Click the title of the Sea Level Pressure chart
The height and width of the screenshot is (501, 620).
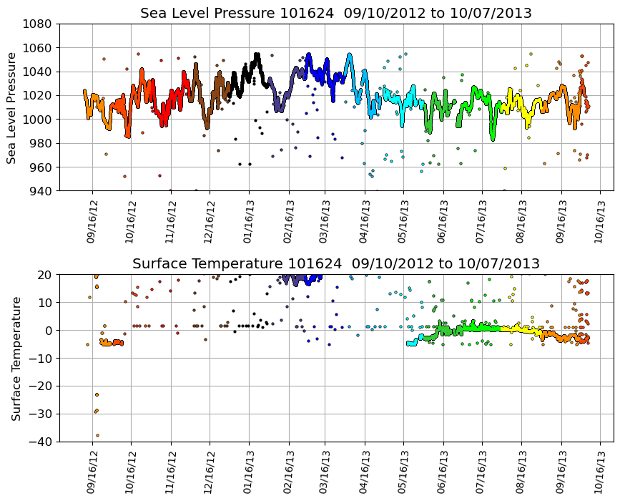click(336, 14)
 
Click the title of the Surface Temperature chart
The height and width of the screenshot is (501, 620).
click(336, 264)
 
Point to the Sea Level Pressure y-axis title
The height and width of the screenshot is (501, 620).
click(12, 107)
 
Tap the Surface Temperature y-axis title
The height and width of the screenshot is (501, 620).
click(15, 358)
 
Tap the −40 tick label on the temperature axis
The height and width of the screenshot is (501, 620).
click(39, 442)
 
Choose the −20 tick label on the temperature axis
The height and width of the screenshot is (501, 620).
click(39, 386)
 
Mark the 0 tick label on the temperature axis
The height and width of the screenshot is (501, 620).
click(49, 331)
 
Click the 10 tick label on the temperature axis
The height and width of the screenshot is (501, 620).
click(45, 303)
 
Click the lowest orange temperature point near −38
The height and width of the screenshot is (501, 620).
click(97, 435)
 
